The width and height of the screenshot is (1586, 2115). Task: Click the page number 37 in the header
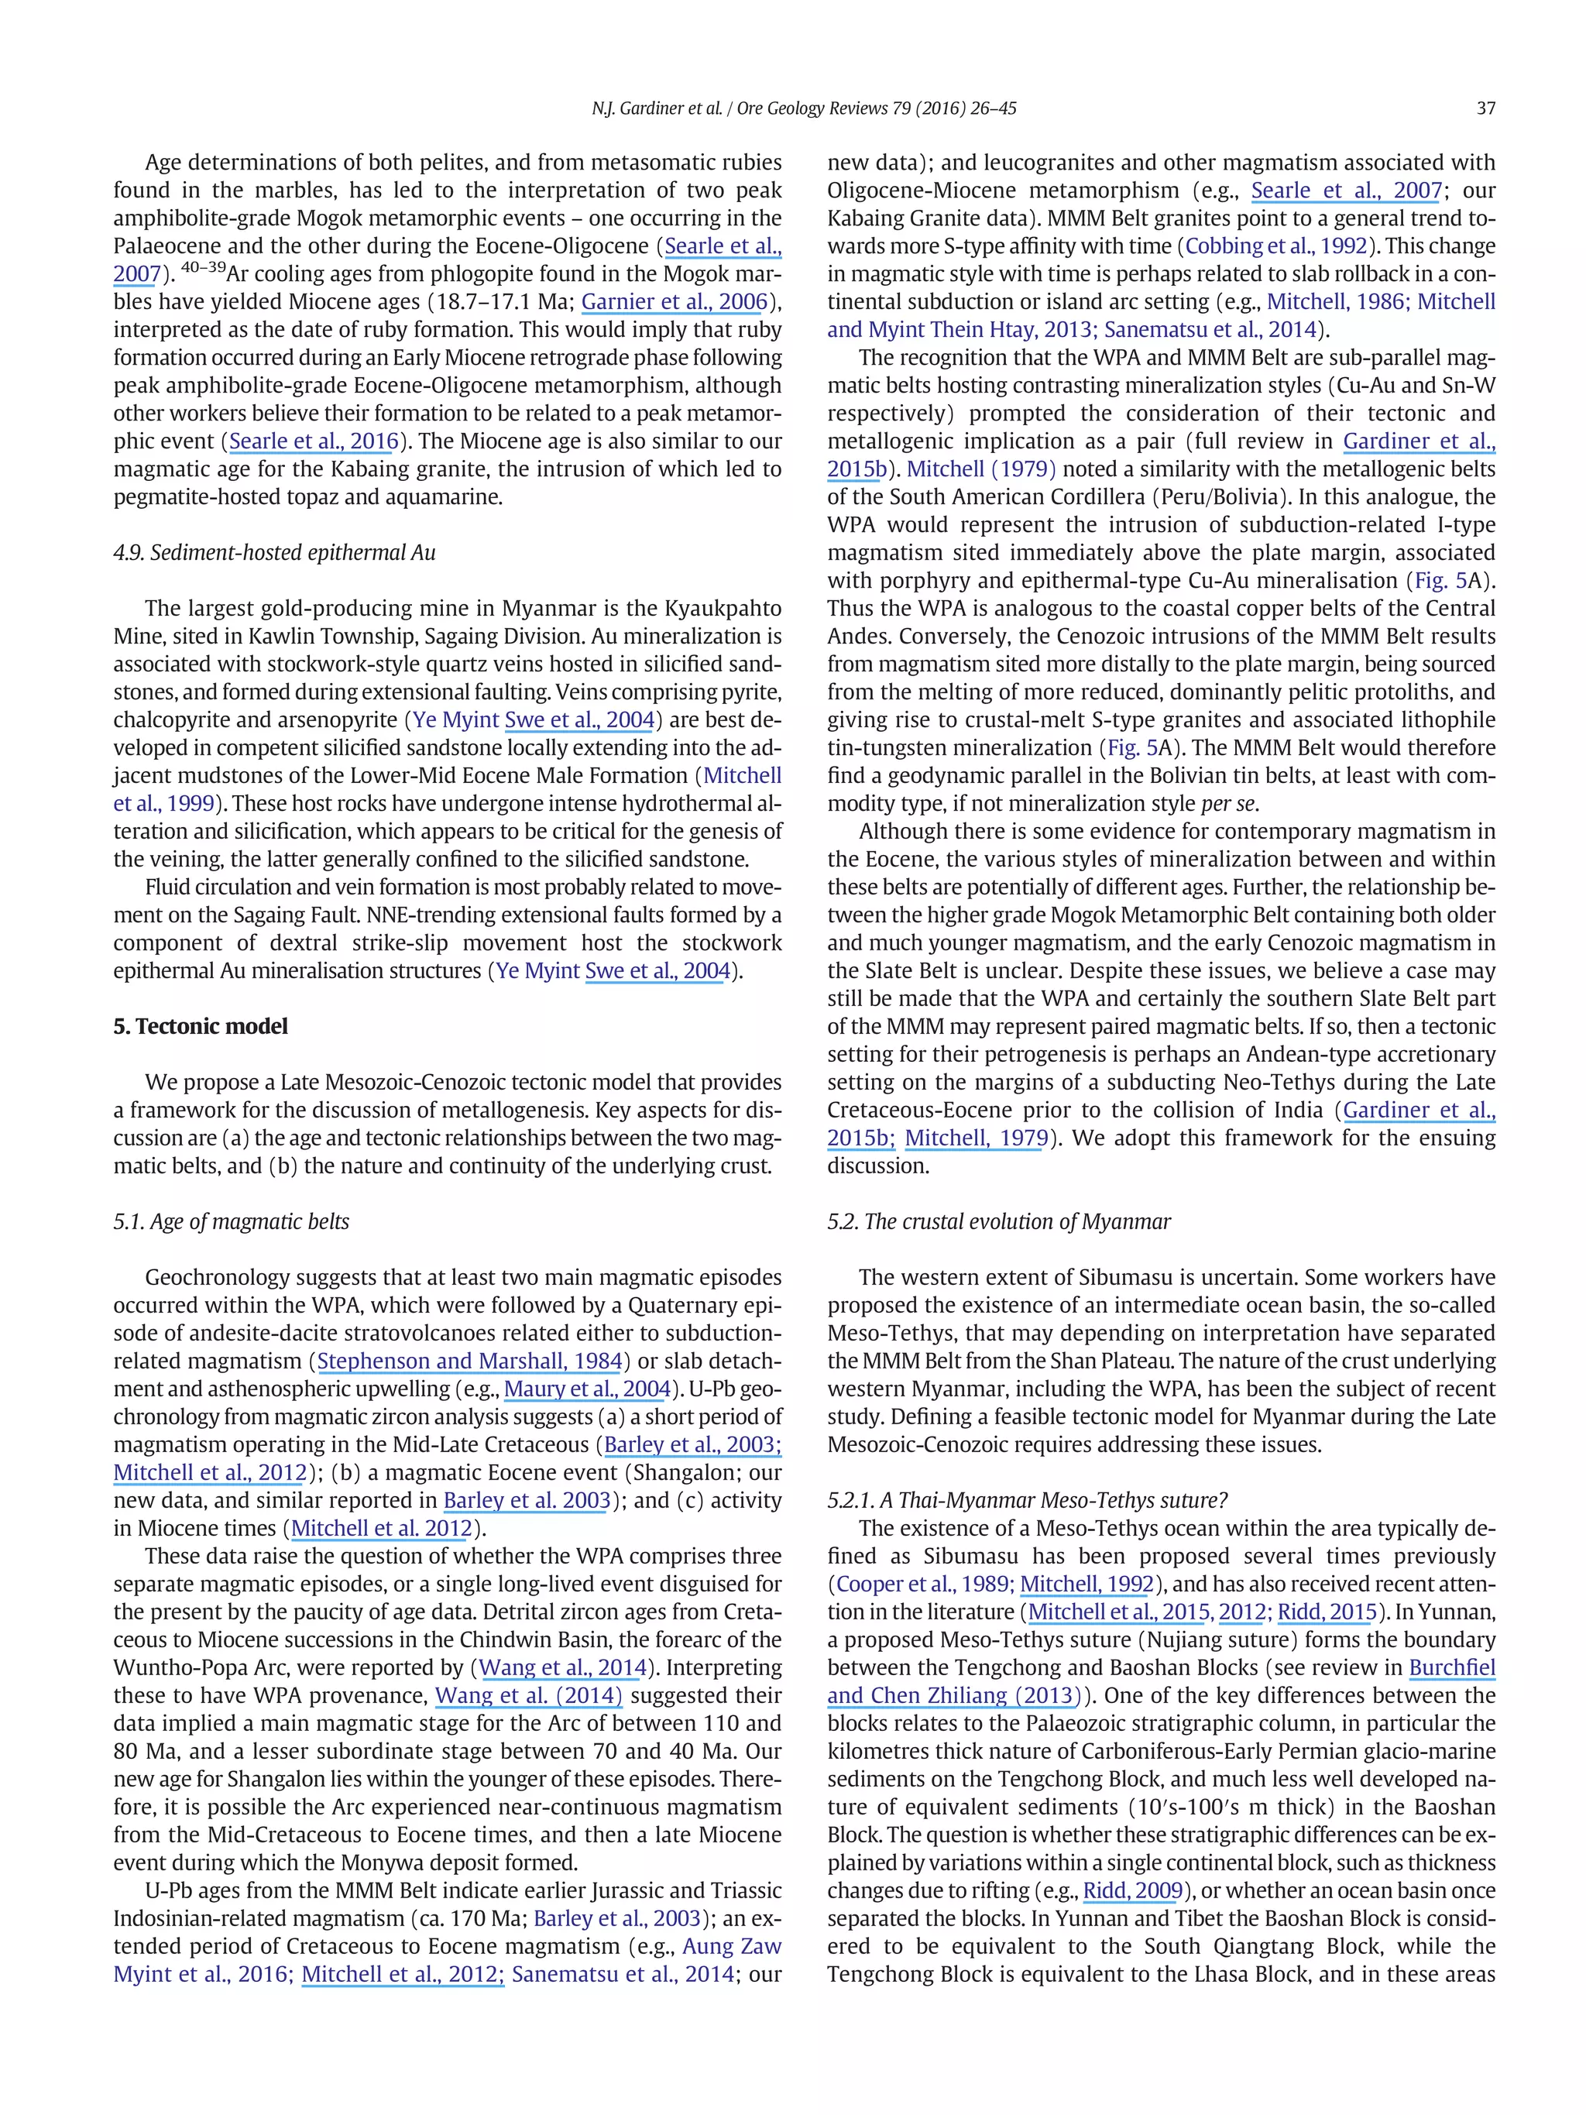coord(1485,108)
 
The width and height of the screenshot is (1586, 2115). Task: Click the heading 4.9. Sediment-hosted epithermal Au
coord(274,553)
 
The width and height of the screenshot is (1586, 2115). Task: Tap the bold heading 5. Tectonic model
coord(200,1026)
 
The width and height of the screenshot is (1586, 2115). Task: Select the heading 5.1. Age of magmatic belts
coord(231,1221)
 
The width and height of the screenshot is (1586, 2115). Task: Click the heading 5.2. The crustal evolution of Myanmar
coord(998,1221)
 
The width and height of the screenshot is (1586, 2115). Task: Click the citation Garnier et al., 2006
coord(675,302)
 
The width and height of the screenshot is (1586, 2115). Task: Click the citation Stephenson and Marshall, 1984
coord(469,1361)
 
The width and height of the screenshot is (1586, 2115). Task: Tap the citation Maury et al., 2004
coord(587,1389)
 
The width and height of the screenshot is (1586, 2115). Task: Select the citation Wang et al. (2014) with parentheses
coord(529,1694)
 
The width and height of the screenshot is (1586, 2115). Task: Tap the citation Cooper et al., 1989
coord(924,1584)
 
